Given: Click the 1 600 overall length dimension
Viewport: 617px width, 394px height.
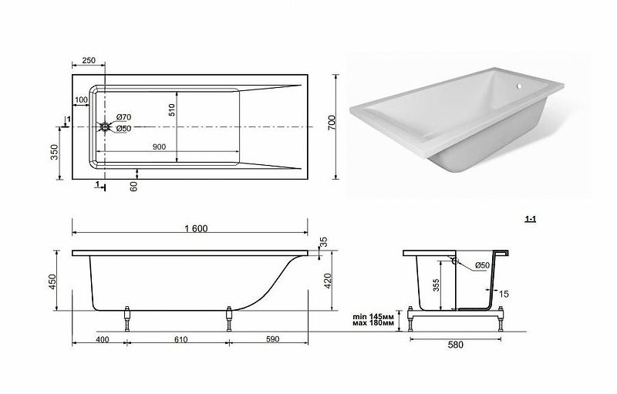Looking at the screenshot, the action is (x=196, y=228).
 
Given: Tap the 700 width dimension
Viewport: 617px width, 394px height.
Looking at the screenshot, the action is (x=332, y=123).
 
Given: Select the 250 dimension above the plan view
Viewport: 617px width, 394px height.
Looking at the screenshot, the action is (x=89, y=61).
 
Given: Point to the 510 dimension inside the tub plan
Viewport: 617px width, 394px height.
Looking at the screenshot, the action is (x=171, y=109).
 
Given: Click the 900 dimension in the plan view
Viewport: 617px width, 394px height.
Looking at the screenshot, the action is (x=159, y=147).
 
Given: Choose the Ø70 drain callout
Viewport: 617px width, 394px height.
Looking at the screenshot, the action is (x=123, y=117).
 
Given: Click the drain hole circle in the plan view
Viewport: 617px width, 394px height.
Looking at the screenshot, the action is (x=105, y=127).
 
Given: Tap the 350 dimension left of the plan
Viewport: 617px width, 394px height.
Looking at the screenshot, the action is (x=54, y=152).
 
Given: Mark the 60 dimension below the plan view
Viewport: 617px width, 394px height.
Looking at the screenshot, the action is (x=133, y=187).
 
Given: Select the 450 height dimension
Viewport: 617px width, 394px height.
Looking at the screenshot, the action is (x=52, y=281).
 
